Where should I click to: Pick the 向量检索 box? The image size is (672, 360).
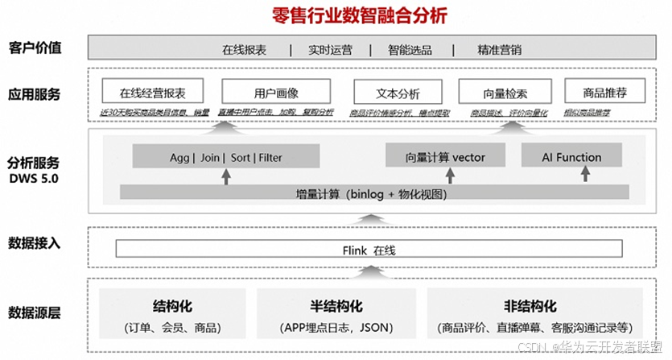click(505, 91)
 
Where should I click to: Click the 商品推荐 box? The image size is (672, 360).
click(606, 91)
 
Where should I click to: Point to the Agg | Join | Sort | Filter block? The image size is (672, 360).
click(225, 156)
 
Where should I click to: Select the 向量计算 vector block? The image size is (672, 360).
click(445, 156)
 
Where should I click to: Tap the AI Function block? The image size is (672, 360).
click(571, 156)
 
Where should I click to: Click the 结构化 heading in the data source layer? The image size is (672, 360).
click(173, 306)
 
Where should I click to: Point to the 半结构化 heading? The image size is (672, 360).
click(336, 306)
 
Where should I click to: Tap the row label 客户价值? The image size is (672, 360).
click(35, 47)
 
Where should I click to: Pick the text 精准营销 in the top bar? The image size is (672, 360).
click(499, 49)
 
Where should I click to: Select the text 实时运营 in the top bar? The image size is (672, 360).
click(330, 49)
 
